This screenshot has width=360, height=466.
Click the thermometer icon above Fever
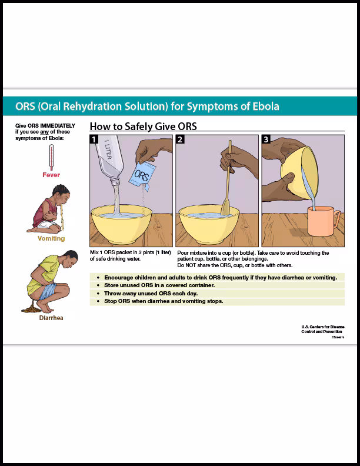tap(51, 157)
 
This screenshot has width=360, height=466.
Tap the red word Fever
tap(51, 175)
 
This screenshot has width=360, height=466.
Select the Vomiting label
tap(51, 239)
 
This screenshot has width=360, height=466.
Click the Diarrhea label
tap(51, 318)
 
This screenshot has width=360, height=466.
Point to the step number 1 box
tap(94, 139)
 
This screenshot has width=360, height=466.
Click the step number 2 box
tap(180, 139)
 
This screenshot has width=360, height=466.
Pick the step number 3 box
tap(266, 139)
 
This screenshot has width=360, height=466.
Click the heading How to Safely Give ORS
tap(143, 126)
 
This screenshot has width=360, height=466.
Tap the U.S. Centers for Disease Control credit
tap(323, 329)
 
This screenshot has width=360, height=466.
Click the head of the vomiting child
tap(64, 192)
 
